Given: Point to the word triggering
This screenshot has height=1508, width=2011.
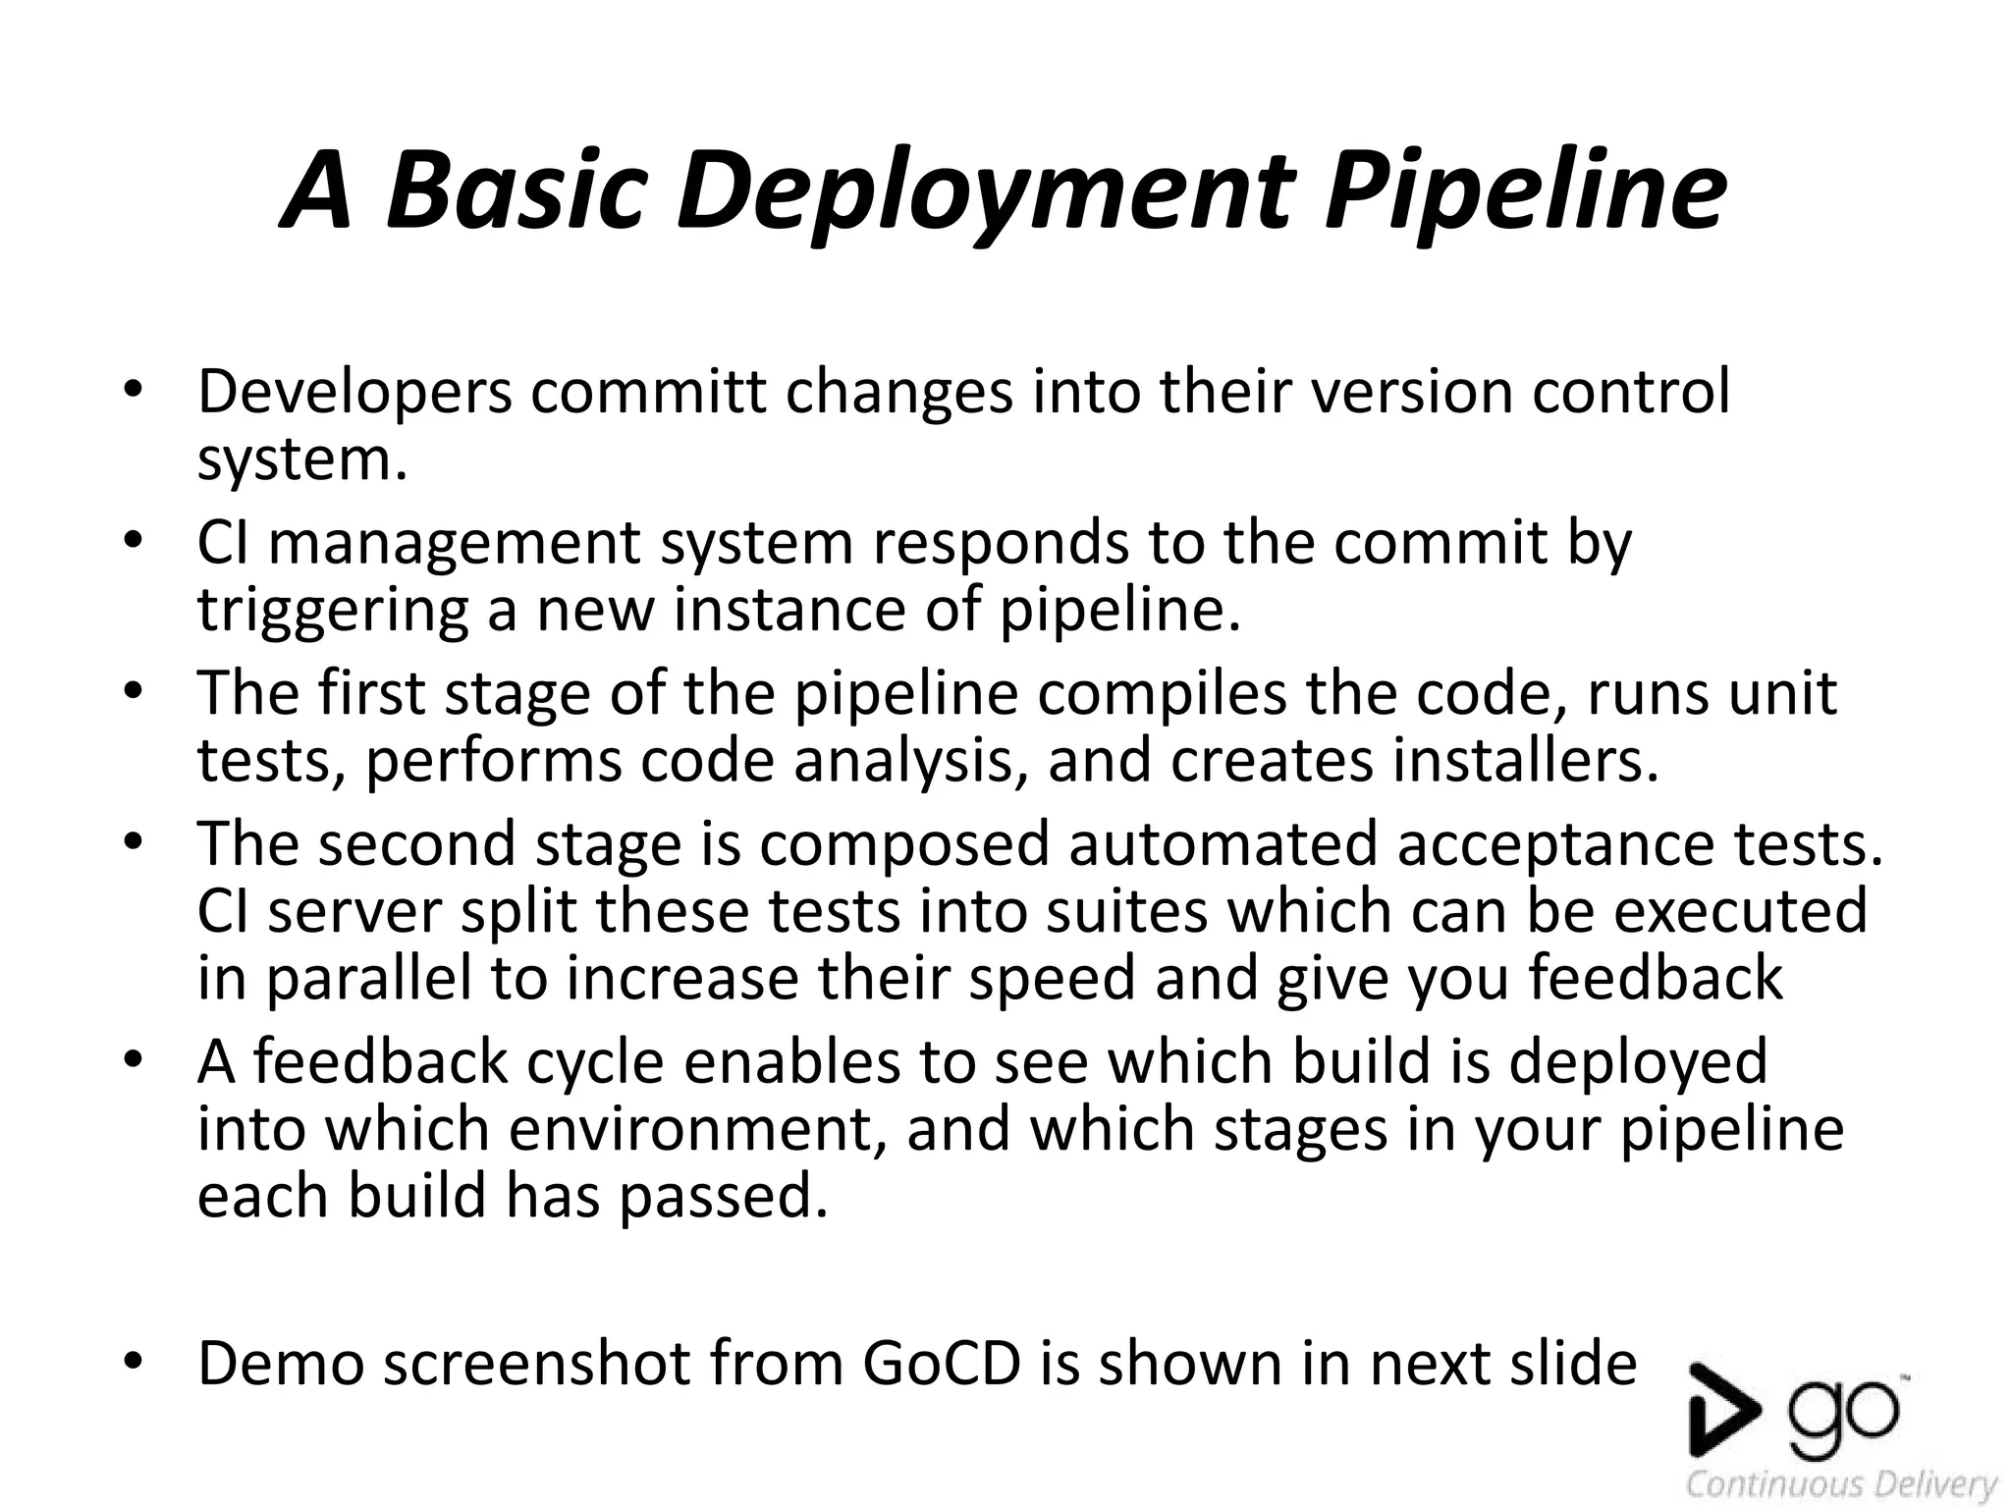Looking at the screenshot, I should pos(332,611).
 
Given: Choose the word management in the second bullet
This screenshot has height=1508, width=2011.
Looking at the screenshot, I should pos(454,543).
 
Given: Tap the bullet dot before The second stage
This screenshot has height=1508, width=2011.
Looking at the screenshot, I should pos(134,841).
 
